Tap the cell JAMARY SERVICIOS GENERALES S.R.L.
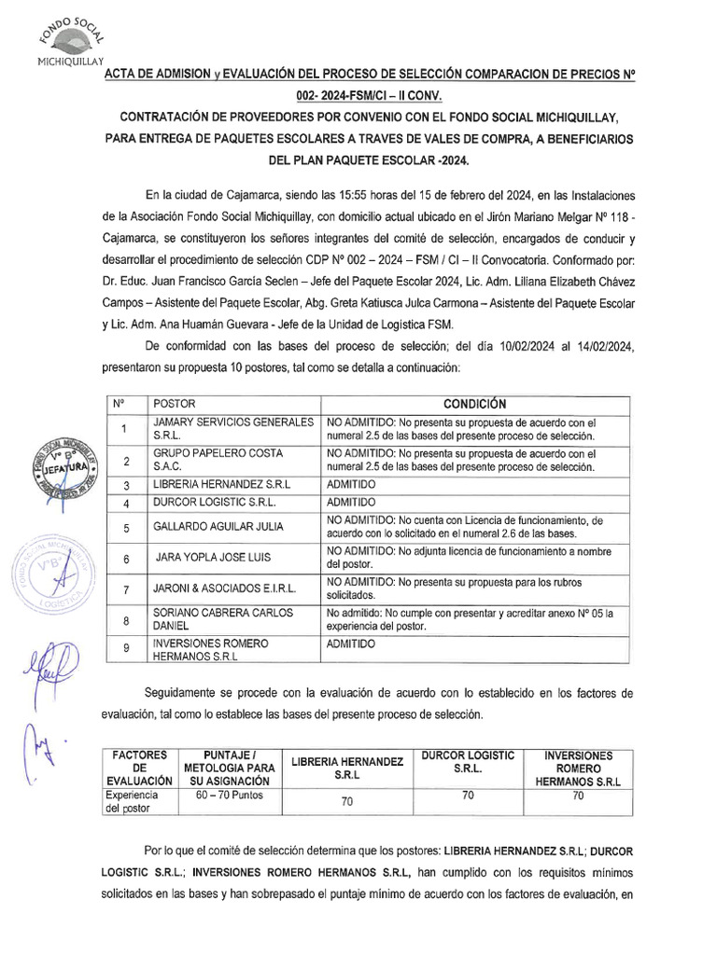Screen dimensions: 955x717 (233, 429)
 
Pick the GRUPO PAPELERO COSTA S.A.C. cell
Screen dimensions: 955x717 (233, 460)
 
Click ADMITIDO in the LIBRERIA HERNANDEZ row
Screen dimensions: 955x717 (351, 486)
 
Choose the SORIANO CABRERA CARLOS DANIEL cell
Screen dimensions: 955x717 (223, 619)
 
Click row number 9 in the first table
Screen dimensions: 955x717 (124, 650)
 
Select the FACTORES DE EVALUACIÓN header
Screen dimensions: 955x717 (140, 767)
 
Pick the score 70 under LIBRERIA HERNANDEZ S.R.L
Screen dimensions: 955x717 (346, 801)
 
